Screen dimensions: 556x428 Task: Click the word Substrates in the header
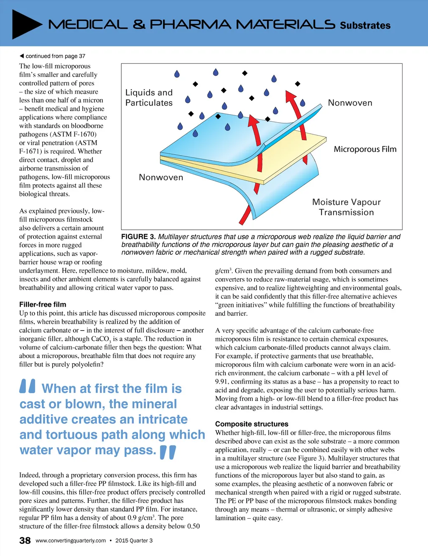click(x=365, y=26)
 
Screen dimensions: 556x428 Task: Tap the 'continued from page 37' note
click(x=53, y=56)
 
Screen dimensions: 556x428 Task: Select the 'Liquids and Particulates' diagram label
click(x=149, y=97)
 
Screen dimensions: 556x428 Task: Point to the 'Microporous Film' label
click(x=365, y=149)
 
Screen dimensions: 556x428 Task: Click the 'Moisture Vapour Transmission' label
click(x=346, y=207)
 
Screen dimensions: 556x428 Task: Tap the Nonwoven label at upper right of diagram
click(x=350, y=103)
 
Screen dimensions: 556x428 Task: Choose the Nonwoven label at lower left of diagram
click(x=161, y=177)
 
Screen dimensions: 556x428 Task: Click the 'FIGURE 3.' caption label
click(x=138, y=237)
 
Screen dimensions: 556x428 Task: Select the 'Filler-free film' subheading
click(x=43, y=305)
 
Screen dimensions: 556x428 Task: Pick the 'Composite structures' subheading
click(x=252, y=424)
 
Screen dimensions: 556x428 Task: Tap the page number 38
click(x=25, y=541)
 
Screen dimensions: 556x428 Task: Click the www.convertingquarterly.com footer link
click(x=71, y=541)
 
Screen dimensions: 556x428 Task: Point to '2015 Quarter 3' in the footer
click(x=134, y=541)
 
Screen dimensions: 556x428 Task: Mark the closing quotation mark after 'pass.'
click(x=168, y=452)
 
